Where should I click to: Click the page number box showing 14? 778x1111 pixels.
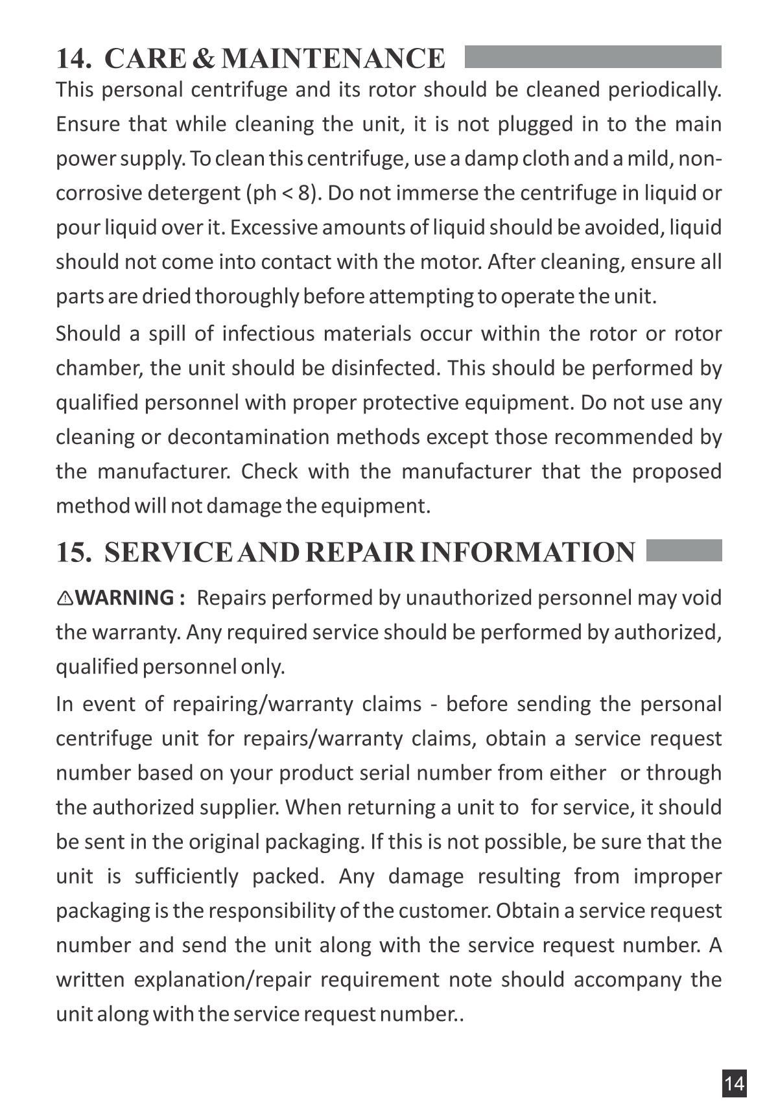pos(734,1083)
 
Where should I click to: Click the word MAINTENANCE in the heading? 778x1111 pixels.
pos(333,58)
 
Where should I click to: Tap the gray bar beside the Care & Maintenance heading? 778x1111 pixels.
pos(593,57)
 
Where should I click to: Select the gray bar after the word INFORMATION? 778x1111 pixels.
pos(684,550)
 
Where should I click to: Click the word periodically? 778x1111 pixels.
pos(664,89)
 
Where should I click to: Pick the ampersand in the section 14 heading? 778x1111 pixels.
pos(204,58)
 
